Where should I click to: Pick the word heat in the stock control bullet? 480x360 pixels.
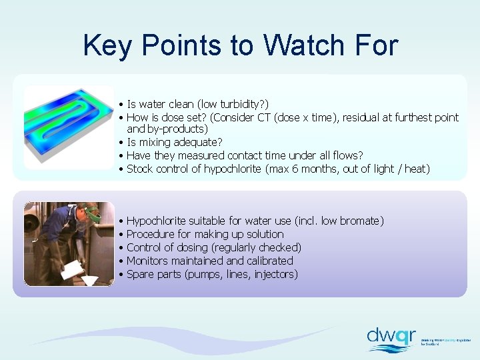click(415, 169)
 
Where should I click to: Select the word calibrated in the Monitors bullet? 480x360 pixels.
click(269, 261)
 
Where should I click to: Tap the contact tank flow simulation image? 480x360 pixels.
click(68, 127)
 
